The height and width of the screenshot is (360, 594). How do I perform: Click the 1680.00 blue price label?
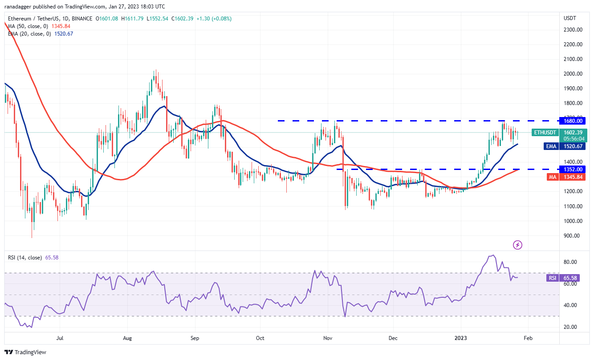click(573, 121)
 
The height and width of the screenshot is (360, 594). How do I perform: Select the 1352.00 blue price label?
click(573, 169)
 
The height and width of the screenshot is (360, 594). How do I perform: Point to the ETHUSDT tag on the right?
click(545, 132)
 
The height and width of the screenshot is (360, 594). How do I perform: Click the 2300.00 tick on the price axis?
click(573, 29)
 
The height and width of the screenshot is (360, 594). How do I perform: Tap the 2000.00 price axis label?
click(573, 74)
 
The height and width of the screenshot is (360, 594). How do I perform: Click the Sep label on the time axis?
click(195, 338)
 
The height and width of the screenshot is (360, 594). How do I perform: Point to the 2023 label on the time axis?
click(461, 338)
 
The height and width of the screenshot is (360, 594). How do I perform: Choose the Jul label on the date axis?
click(60, 338)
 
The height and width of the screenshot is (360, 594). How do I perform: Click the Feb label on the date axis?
click(527, 338)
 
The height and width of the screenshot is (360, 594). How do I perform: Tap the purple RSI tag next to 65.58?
click(552, 278)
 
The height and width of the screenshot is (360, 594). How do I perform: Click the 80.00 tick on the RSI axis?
click(571, 262)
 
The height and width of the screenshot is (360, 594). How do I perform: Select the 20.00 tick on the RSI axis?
click(571, 327)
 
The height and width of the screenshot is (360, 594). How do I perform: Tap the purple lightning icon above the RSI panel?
click(517, 245)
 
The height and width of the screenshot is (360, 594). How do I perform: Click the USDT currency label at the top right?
click(570, 18)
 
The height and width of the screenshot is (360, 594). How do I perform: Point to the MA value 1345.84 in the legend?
click(61, 26)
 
